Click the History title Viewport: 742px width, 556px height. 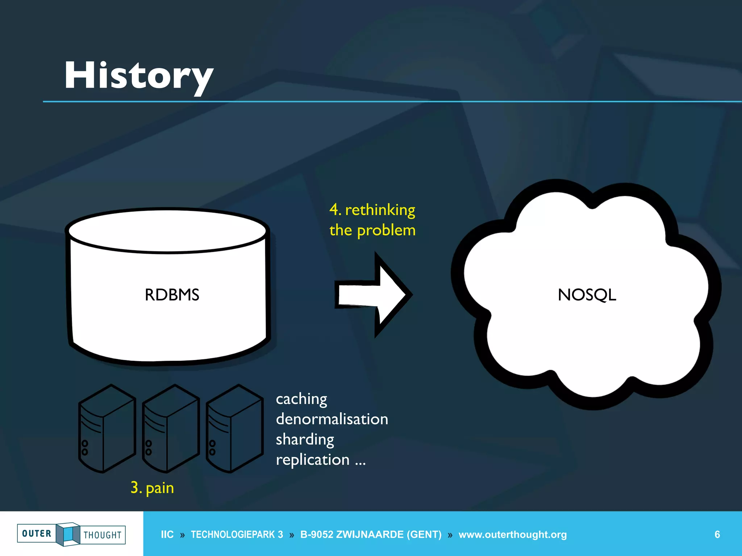point(139,76)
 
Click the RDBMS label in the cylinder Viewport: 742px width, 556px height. point(172,295)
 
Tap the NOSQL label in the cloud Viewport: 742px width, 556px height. point(587,295)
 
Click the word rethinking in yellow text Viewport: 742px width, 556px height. point(380,210)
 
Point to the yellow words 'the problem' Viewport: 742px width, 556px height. point(372,231)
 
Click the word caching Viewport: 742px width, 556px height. point(301,399)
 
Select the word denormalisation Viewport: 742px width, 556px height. point(332,419)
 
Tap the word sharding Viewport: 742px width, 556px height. point(305,439)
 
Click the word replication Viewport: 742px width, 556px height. point(313,460)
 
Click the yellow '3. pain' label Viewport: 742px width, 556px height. point(152,488)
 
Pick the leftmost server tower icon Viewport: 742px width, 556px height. point(107,429)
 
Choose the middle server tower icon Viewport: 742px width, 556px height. point(171,429)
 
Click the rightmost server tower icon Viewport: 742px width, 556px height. point(234,429)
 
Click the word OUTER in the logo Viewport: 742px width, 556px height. point(37,534)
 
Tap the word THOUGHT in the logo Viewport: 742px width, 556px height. point(103,535)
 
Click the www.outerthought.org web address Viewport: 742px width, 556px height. point(512,534)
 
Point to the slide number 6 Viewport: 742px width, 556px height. point(717,534)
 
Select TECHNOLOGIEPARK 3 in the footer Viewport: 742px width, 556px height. point(237,534)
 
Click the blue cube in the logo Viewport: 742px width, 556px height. point(68,534)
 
